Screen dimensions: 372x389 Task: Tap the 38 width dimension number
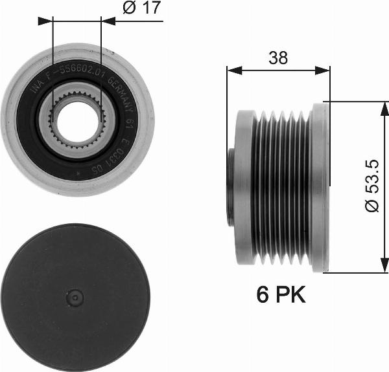click(x=278, y=58)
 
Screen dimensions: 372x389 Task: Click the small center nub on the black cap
click(x=77, y=298)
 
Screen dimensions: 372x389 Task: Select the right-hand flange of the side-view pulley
click(x=320, y=188)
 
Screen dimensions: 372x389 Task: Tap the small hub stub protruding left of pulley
click(x=230, y=188)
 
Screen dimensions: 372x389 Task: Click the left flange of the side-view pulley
click(x=243, y=188)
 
